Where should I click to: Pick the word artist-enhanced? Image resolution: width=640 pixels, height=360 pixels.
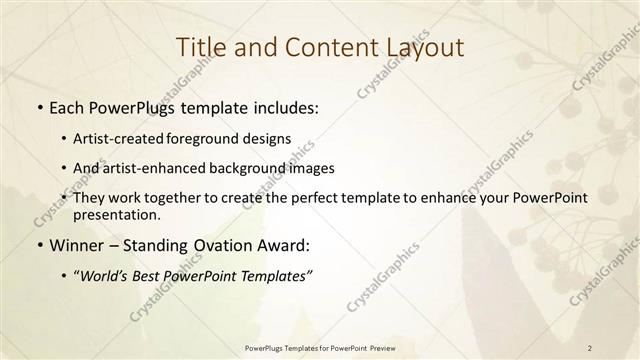tap(165, 167)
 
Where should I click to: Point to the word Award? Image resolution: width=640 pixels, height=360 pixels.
tap(288, 245)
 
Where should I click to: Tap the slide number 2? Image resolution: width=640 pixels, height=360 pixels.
tap(590, 347)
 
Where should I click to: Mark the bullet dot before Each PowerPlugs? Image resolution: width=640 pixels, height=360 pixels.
tap(38, 105)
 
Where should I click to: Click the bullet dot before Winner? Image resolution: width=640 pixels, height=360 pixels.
tap(38, 246)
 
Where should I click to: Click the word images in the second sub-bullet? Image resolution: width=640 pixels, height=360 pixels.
tap(313, 167)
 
